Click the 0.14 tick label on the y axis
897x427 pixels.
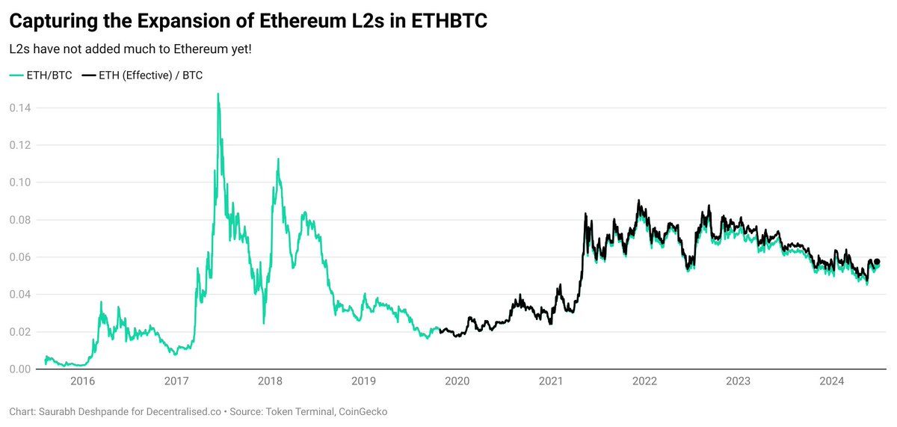(x=19, y=108)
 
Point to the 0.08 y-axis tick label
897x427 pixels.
(x=19, y=220)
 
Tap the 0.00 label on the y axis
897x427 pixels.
(x=19, y=369)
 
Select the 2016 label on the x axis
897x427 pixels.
(x=82, y=381)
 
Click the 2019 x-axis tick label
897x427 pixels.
(x=363, y=381)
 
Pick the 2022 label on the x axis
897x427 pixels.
(x=644, y=381)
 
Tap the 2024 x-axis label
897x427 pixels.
(x=832, y=381)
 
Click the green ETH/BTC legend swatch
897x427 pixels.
(x=16, y=76)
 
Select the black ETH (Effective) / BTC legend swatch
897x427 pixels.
(x=88, y=76)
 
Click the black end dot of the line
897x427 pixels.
(x=877, y=262)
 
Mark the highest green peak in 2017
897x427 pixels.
(x=218, y=94)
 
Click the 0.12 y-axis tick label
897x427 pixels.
(x=19, y=145)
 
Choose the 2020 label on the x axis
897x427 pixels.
(x=457, y=381)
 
